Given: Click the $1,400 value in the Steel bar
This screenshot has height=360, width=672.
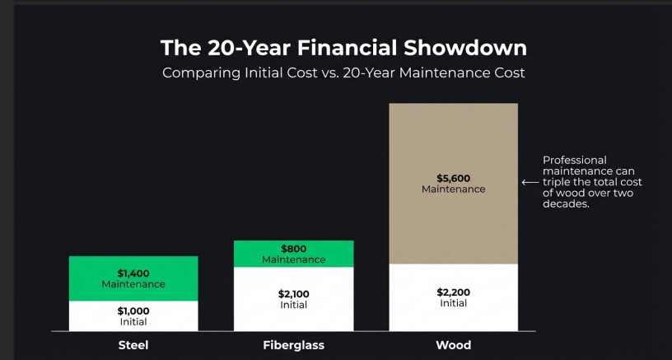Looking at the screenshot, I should click(x=133, y=274).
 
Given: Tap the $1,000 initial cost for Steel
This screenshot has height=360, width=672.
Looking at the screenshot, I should click(x=133, y=311).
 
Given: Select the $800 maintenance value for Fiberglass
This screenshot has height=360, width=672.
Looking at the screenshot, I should click(x=294, y=249).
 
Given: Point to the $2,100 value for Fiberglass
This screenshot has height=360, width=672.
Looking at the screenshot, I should click(x=294, y=294).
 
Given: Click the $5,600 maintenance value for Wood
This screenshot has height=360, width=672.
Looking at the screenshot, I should click(x=453, y=178).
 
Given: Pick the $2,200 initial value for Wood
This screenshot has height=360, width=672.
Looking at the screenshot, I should click(x=453, y=292).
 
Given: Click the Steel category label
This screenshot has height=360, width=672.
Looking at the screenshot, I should click(x=133, y=345).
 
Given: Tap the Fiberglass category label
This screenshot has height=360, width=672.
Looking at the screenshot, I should click(x=294, y=345).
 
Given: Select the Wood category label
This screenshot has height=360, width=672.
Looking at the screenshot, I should click(x=453, y=345).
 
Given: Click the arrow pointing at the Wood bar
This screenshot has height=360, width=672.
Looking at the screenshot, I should click(x=530, y=183).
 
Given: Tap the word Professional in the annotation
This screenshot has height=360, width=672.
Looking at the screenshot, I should click(x=575, y=160).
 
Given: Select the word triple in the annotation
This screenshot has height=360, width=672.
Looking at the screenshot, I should click(x=557, y=182).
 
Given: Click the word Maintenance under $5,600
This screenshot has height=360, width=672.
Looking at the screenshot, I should click(x=453, y=189).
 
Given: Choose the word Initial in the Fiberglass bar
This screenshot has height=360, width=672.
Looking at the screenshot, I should click(x=294, y=305).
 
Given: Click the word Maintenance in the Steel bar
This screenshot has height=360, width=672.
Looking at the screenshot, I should click(x=133, y=284).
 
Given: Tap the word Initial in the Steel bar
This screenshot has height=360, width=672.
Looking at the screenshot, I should click(x=133, y=321).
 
